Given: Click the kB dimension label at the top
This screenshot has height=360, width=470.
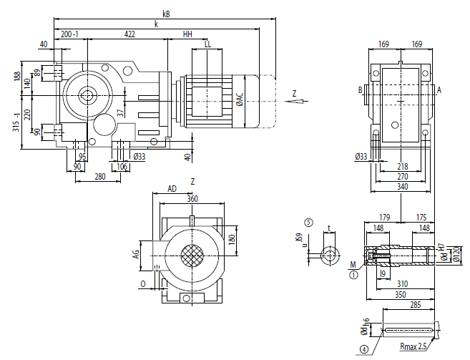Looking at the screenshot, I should coord(166,13).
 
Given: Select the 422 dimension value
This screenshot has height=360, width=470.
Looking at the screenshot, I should coord(129,34).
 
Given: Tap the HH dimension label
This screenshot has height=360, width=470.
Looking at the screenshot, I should coord(187,34).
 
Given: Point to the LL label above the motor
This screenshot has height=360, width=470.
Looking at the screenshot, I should coord(207,44).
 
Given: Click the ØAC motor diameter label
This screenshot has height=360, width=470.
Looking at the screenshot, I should coord(240,99).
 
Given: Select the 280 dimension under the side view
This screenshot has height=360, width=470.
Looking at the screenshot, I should coord(99,175).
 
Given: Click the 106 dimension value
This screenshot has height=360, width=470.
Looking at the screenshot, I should coord(122,167).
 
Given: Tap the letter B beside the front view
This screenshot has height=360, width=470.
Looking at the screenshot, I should coord(360,90).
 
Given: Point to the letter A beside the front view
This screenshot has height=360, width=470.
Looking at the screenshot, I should coord(439,90).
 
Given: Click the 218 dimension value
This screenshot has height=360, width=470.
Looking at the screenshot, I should coord(403,166).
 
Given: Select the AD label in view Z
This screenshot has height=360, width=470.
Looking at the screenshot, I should coord(172,189).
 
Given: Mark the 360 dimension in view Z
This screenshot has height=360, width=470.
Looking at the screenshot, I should coord(192,199).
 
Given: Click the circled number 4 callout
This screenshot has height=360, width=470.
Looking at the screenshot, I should coord(364,350).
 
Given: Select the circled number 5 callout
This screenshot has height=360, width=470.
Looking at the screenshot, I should coord(308,223).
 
